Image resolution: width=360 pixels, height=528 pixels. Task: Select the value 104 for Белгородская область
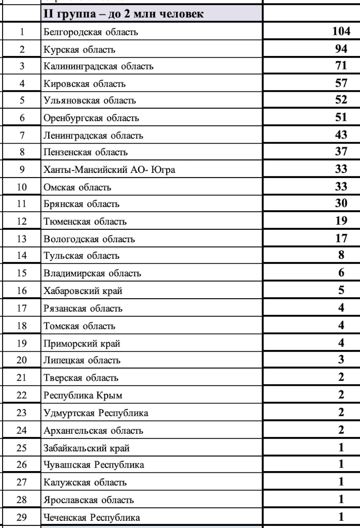pyautogui.click(x=341, y=31)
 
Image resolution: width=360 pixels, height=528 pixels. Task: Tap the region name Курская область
pyautogui.click(x=79, y=49)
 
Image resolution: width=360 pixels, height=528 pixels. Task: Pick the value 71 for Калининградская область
pyautogui.click(x=341, y=66)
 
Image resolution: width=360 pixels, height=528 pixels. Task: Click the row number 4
pyautogui.click(x=22, y=83)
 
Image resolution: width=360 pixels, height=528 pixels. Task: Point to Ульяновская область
pyautogui.click(x=90, y=101)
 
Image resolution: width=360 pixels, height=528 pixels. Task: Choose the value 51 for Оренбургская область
pyautogui.click(x=341, y=118)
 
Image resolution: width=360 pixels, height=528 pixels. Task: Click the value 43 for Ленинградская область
pyautogui.click(x=341, y=135)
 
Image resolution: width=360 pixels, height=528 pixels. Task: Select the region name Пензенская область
pyautogui.click(x=86, y=153)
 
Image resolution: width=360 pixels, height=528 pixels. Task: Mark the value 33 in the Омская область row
pyautogui.click(x=341, y=187)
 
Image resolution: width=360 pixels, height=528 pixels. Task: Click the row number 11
pyautogui.click(x=22, y=204)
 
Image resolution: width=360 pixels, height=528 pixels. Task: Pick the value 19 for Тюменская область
pyautogui.click(x=341, y=221)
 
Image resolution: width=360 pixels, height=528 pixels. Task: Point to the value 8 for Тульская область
pyautogui.click(x=341, y=255)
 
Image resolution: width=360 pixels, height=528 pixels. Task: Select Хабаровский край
pyautogui.click(x=83, y=291)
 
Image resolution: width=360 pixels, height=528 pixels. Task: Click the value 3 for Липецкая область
pyautogui.click(x=341, y=359)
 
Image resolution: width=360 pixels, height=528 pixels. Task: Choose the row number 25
pyautogui.click(x=22, y=448)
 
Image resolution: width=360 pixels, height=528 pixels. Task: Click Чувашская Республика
pyautogui.click(x=93, y=465)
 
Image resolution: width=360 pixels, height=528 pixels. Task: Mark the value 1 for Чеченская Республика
pyautogui.click(x=341, y=517)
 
